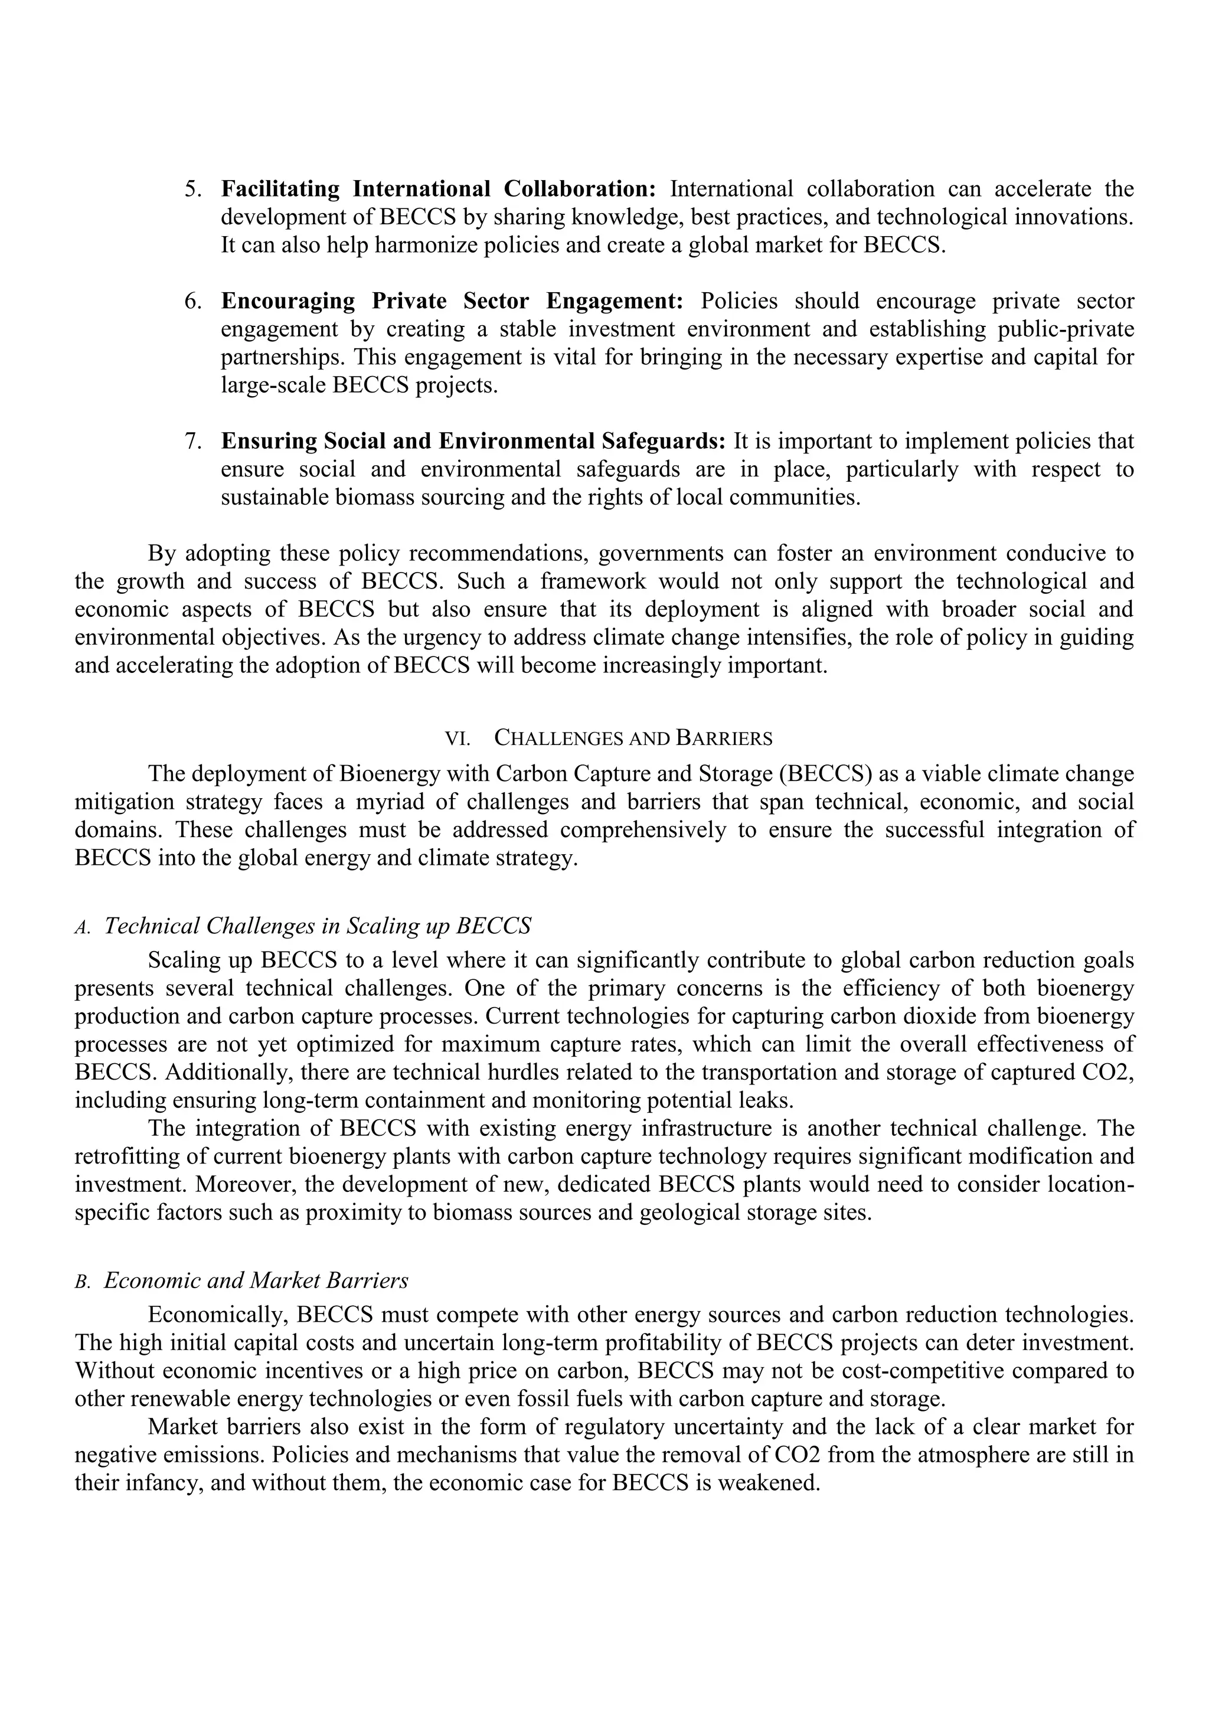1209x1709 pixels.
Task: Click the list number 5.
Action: (x=193, y=189)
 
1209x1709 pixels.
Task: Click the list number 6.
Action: (x=193, y=302)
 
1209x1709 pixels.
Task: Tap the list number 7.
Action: (x=193, y=442)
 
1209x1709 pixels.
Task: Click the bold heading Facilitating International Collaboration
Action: (x=438, y=189)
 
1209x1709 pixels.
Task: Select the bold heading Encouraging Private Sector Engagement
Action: (x=452, y=302)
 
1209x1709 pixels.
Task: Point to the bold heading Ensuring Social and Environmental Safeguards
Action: (x=473, y=442)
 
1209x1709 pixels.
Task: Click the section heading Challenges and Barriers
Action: (x=633, y=739)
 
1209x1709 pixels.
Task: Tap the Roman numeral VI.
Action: (x=457, y=739)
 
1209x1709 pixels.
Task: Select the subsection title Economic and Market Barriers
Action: (x=256, y=1280)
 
